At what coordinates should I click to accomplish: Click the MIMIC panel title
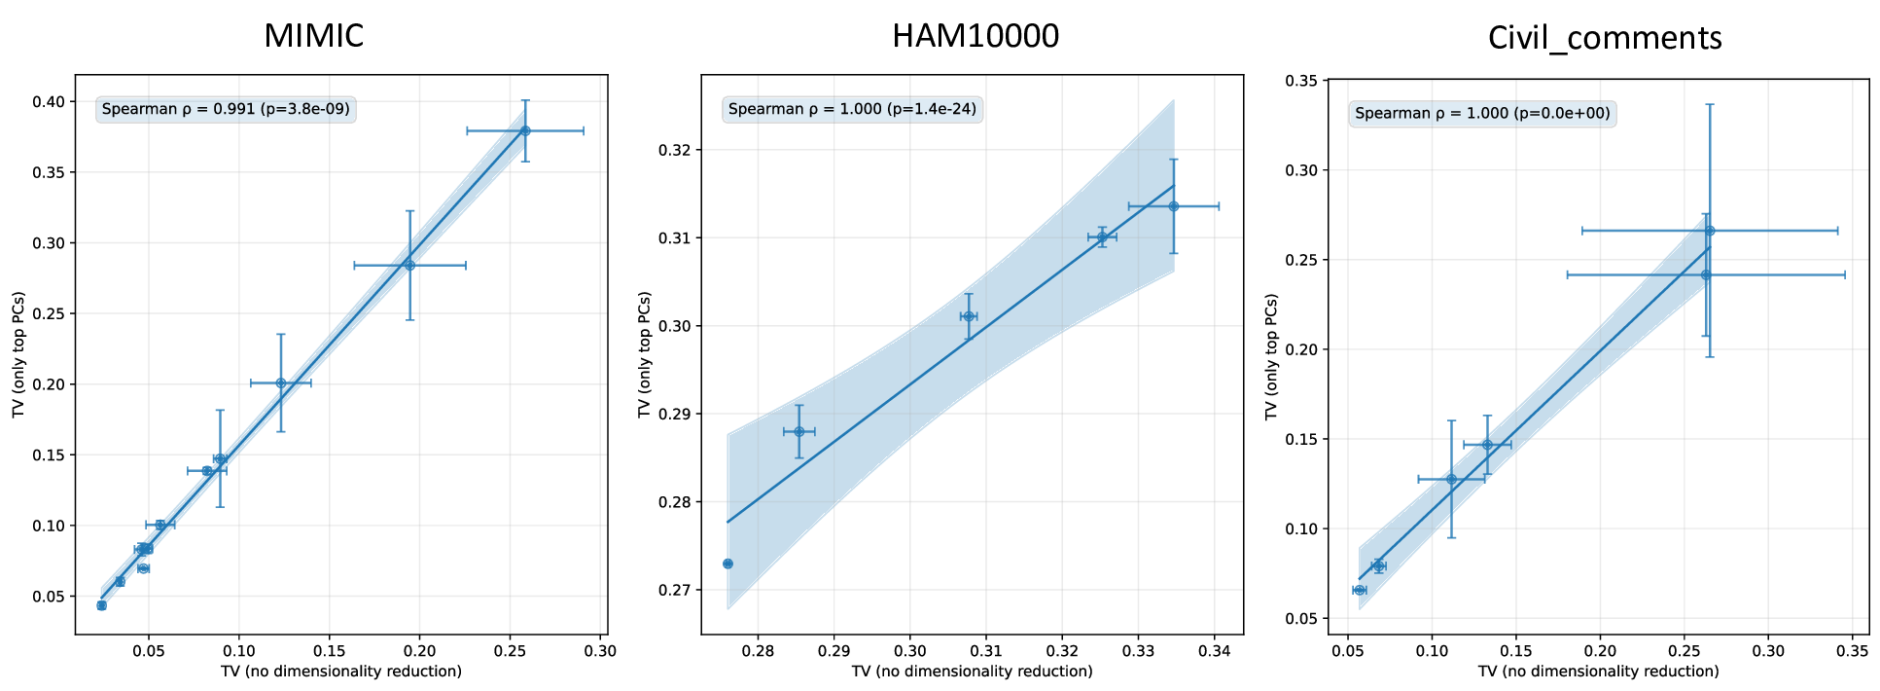point(313,36)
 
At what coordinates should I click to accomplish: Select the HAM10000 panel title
point(975,36)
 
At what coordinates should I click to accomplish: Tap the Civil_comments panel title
point(1604,38)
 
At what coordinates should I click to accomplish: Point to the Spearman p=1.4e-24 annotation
point(852,109)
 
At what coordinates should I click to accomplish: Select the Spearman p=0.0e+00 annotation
point(1482,114)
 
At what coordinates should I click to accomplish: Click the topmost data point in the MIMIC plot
point(525,130)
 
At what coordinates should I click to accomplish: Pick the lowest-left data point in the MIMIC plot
point(101,605)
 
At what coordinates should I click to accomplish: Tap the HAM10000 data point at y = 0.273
point(727,564)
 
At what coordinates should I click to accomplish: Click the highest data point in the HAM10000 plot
point(1174,206)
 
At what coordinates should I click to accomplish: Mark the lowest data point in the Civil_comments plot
point(1360,590)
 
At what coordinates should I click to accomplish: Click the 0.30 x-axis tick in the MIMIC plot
point(600,650)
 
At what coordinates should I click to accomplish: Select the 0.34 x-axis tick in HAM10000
point(1214,650)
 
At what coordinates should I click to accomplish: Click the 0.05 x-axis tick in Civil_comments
point(1347,650)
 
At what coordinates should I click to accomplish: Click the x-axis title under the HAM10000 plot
point(972,672)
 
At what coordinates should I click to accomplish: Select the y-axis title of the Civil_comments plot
point(1272,357)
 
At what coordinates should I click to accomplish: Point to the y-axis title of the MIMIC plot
point(19,353)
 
